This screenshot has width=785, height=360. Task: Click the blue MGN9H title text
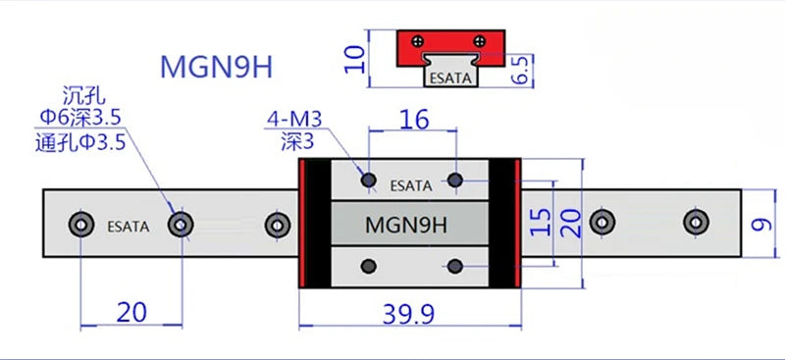(215, 68)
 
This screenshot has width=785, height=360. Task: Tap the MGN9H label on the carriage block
(406, 225)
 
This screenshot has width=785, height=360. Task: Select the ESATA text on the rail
(127, 226)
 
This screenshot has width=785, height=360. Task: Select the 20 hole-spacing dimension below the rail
(131, 312)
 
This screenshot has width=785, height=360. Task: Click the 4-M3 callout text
(293, 121)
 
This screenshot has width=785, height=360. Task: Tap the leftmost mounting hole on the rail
(78, 225)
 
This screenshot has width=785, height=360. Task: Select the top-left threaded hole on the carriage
(369, 180)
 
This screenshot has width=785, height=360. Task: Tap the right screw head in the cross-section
(479, 41)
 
